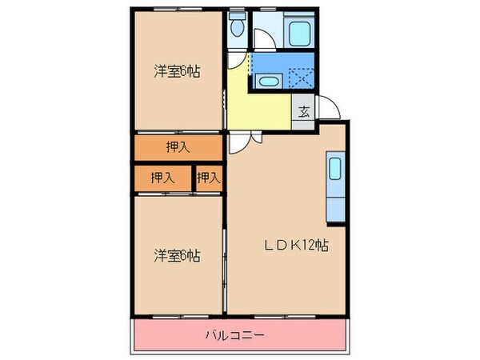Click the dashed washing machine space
(x=299, y=78)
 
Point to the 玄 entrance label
(x=305, y=112)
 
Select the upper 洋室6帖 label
(x=177, y=71)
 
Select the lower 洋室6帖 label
(x=177, y=256)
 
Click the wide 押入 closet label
(x=178, y=146)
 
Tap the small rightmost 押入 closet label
(x=209, y=178)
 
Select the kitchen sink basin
(x=334, y=170)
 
